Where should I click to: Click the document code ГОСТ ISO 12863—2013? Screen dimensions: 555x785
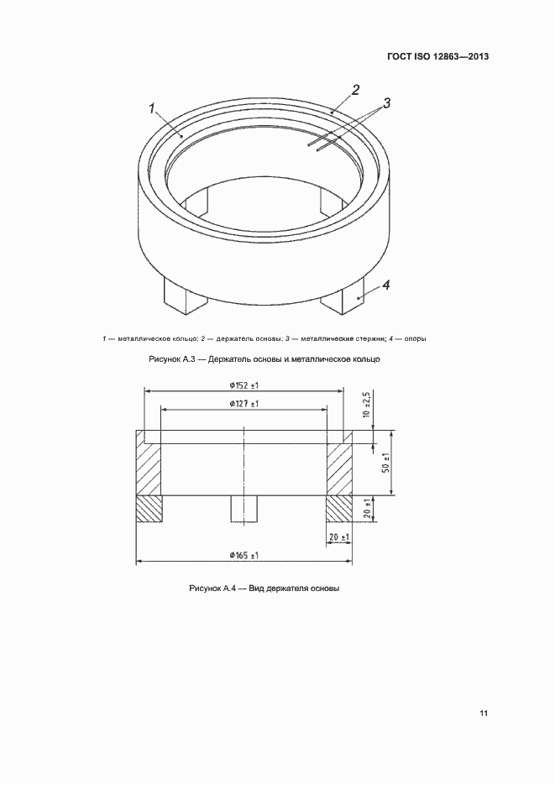[438, 56]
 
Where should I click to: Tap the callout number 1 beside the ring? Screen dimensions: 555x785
[153, 108]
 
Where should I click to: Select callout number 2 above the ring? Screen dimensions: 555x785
[355, 90]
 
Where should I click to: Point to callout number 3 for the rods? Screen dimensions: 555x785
[386, 103]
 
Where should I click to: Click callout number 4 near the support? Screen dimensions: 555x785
[386, 285]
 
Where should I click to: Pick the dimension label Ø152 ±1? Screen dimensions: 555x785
[243, 385]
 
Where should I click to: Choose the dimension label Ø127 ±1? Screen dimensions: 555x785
[243, 404]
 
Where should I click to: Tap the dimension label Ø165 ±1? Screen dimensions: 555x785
[243, 555]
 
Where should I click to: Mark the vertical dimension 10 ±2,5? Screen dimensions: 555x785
[367, 405]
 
